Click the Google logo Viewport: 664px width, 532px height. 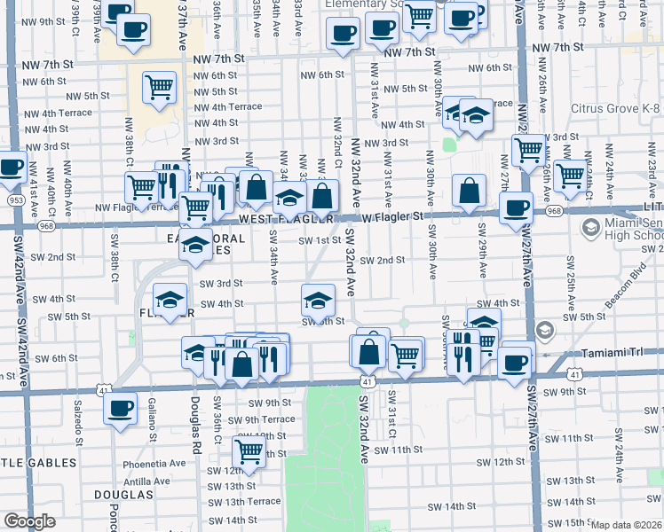coord(29,521)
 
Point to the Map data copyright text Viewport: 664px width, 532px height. coord(625,525)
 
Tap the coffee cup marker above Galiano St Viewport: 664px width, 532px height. coord(120,409)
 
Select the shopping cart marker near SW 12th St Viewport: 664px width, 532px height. coord(249,450)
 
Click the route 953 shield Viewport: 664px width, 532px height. coord(15,199)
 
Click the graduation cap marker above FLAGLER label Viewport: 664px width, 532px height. coord(170,299)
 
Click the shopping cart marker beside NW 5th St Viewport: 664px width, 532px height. coord(159,87)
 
